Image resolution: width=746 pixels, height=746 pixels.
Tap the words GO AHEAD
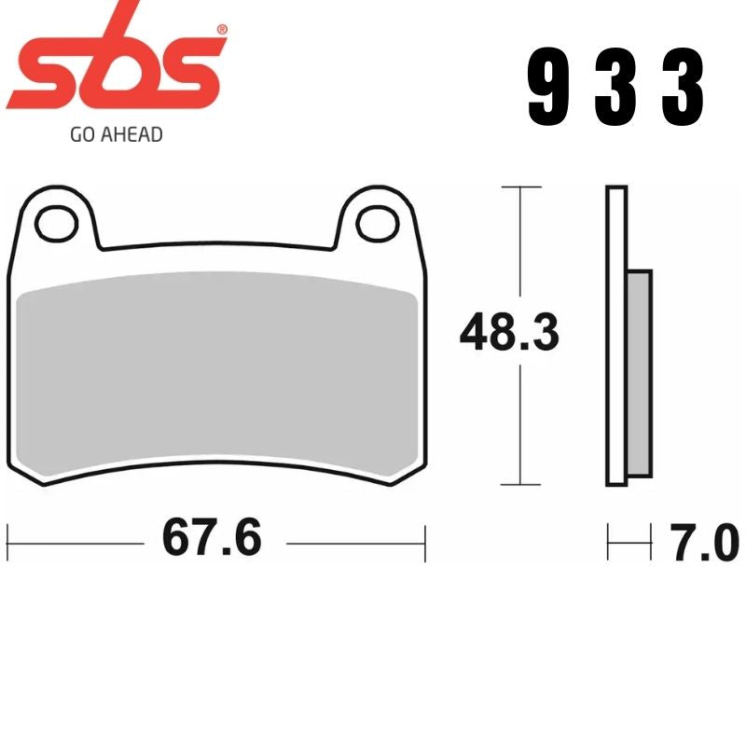tap(117, 134)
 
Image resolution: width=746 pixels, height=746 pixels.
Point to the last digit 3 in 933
tap(683, 89)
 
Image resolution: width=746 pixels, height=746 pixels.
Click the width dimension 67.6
tap(212, 538)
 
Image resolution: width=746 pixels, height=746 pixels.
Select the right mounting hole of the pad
tap(377, 223)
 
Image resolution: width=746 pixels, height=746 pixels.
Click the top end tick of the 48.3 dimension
tap(521, 187)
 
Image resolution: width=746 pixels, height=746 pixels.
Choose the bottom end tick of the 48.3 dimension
tap(521, 485)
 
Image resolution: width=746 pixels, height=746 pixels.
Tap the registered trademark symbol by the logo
tap(221, 31)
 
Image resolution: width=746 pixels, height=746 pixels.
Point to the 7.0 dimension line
tap(629, 542)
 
